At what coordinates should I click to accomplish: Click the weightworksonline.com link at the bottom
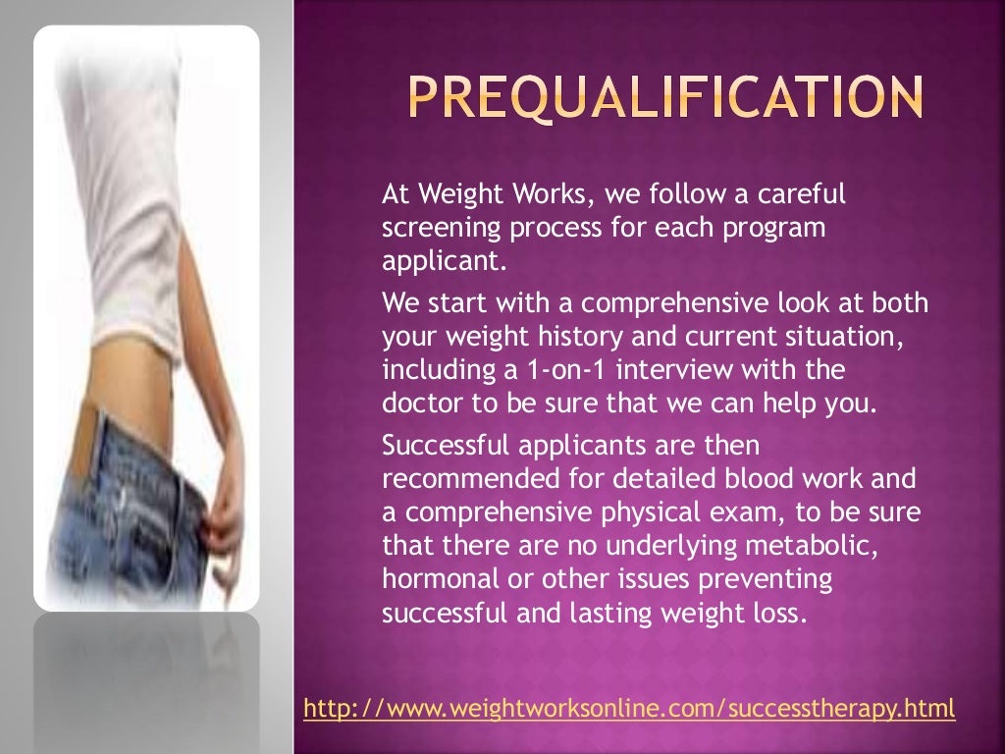629,708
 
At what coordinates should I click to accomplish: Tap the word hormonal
429,581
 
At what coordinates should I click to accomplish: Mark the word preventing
767,581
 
